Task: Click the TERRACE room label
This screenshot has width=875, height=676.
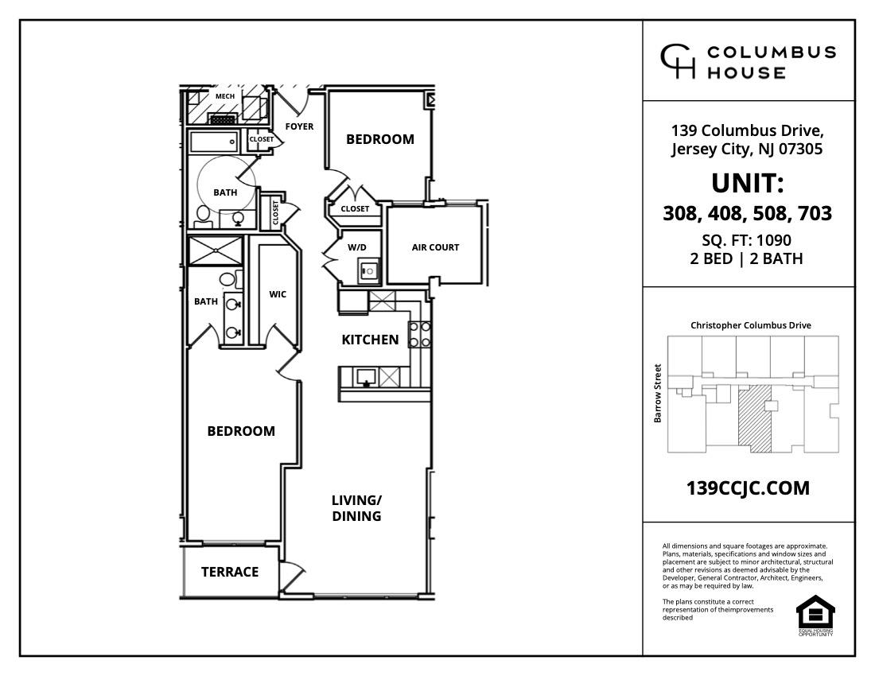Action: tap(229, 572)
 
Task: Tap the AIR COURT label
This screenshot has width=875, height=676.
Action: tap(435, 247)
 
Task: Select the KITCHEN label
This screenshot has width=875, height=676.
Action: tap(370, 340)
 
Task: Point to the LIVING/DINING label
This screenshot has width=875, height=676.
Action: tap(356, 508)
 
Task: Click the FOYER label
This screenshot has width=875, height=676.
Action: tap(299, 126)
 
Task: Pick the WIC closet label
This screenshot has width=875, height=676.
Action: tap(278, 294)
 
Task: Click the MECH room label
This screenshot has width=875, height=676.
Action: tap(224, 97)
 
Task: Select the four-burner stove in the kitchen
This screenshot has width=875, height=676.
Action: tap(419, 334)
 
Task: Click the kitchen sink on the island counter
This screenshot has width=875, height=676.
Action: tap(367, 376)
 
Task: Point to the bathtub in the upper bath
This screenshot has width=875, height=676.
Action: tap(213, 142)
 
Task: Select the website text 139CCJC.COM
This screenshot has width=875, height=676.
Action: tap(748, 488)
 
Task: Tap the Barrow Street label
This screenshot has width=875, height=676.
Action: tap(658, 394)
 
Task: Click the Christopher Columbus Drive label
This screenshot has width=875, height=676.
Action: tap(750, 325)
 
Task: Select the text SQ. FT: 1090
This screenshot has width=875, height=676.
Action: tap(748, 240)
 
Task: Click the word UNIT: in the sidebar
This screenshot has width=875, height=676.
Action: tap(748, 184)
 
